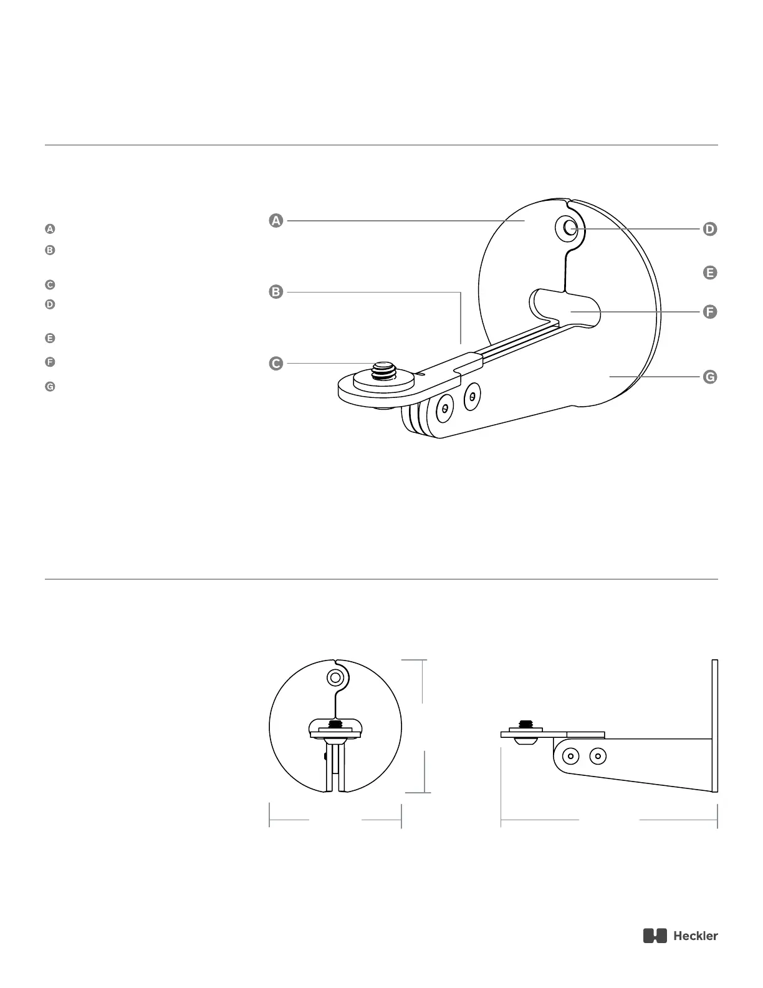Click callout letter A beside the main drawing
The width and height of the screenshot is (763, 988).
click(x=276, y=220)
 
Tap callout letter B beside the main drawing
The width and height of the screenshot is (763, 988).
click(x=276, y=291)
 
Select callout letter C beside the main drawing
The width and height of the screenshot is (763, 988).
click(x=276, y=363)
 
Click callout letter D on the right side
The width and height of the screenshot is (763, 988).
click(x=709, y=229)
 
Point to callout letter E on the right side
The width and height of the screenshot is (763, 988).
click(x=709, y=273)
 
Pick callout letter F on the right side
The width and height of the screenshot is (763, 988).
click(x=709, y=311)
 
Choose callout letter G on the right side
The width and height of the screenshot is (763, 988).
click(x=709, y=377)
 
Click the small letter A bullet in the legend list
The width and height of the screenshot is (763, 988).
click(x=50, y=229)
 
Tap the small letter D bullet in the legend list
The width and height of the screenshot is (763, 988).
click(x=50, y=304)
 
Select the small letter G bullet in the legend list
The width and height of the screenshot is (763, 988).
click(x=50, y=387)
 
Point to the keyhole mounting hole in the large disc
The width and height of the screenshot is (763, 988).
click(x=569, y=229)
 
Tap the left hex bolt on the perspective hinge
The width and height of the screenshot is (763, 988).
click(x=444, y=408)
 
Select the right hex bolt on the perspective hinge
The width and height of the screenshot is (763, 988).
click(x=473, y=395)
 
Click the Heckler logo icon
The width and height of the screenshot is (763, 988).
click(x=655, y=936)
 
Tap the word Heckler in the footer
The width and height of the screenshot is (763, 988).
click(x=695, y=936)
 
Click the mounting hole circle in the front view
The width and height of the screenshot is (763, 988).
click(x=335, y=677)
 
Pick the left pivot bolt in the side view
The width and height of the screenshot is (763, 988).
click(x=570, y=757)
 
